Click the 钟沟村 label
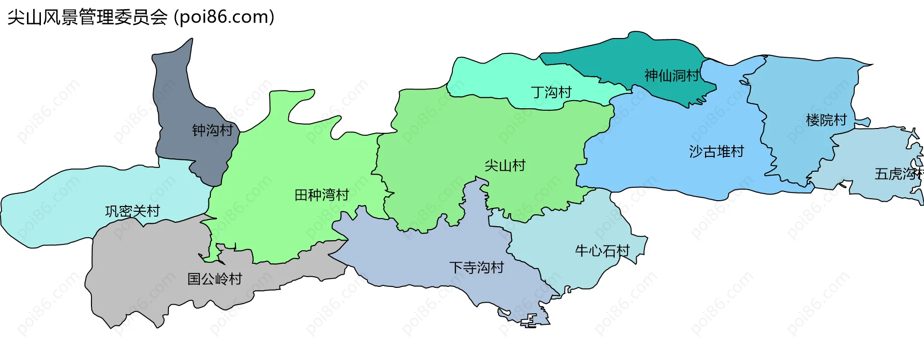click(212, 130)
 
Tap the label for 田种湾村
click(321, 195)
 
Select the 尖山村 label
click(505, 166)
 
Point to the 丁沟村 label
click(551, 92)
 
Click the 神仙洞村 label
click(672, 76)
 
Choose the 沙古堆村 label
click(716, 152)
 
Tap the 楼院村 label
click(826, 120)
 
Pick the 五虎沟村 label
click(898, 174)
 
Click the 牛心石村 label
click(602, 251)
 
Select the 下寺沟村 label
click(476, 268)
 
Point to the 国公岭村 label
click(215, 279)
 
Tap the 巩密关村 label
click(132, 211)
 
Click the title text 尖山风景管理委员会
click(87, 17)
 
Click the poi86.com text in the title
click(224, 17)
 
